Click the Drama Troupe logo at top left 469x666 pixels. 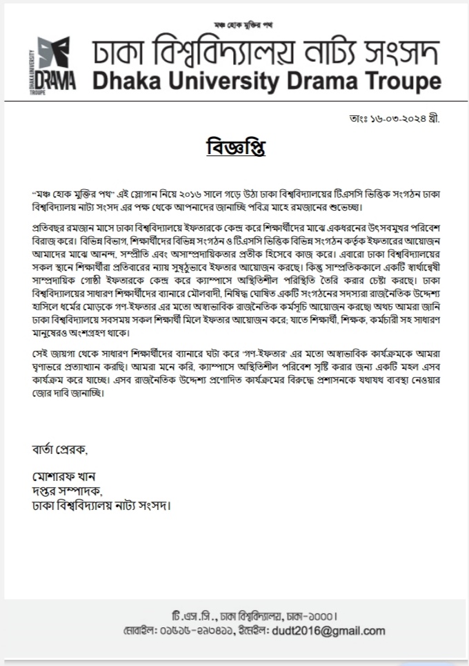[54, 67]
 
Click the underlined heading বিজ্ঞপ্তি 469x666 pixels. [235, 148]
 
